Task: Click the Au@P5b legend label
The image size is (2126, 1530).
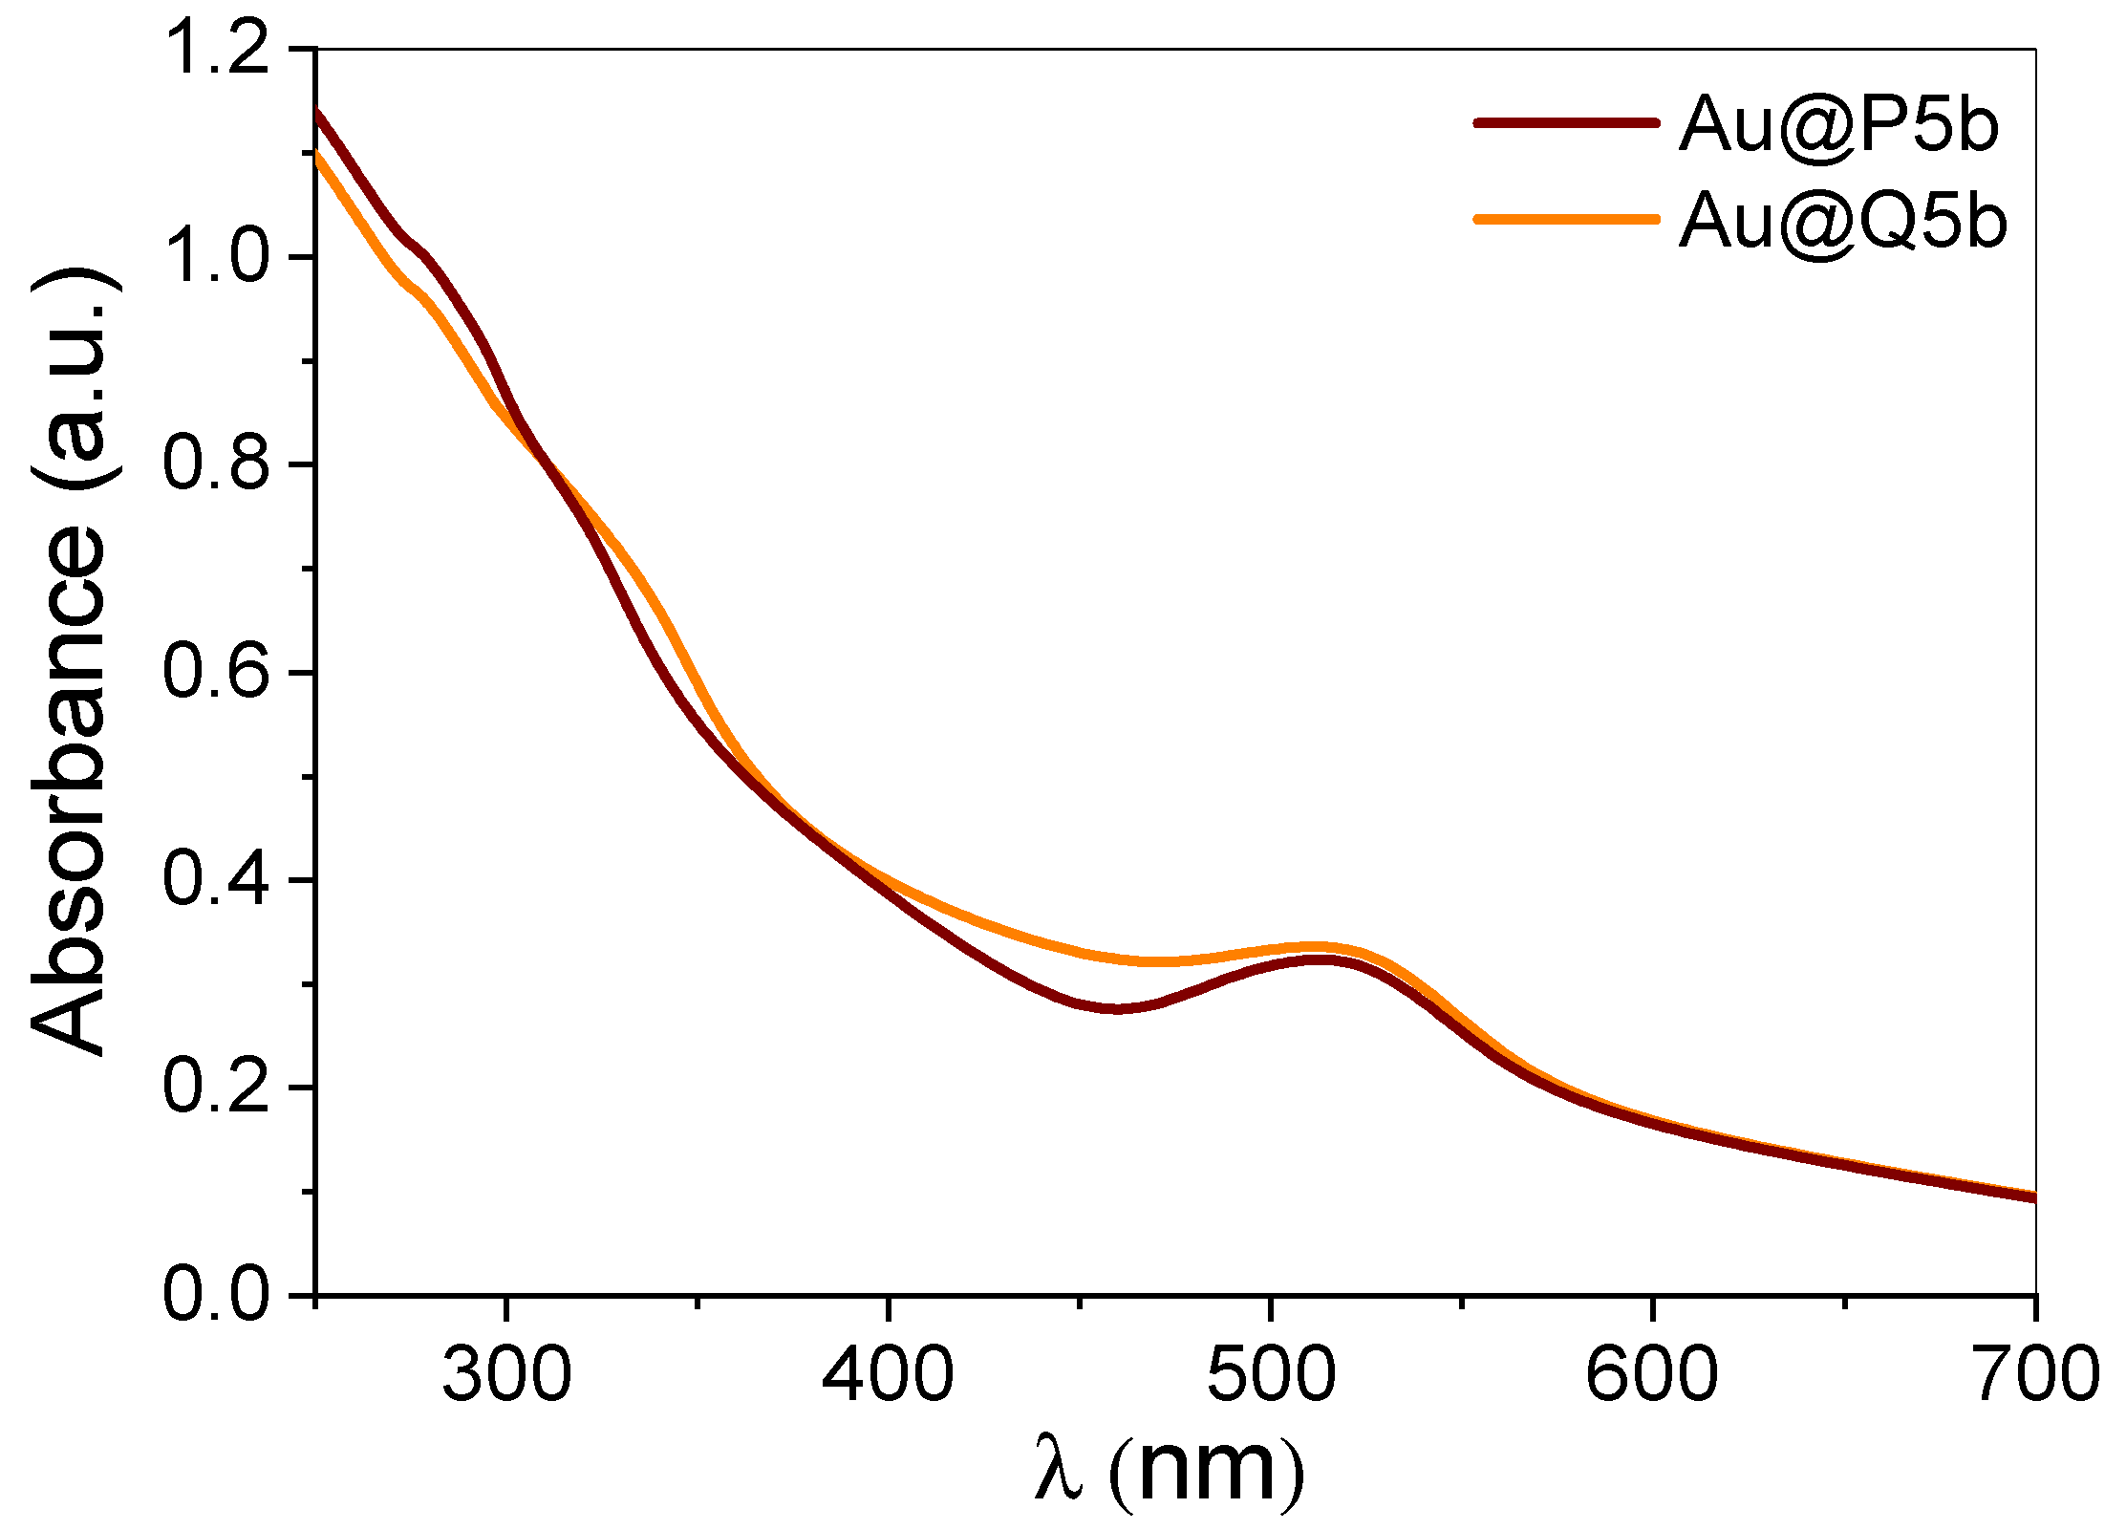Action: (x=1837, y=123)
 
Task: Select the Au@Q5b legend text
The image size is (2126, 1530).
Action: (x=1842, y=221)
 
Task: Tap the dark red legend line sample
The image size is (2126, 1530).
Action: (x=1566, y=122)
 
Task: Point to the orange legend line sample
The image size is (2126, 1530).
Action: (x=1566, y=219)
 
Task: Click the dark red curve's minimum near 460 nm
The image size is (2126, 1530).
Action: (x=1116, y=1009)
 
